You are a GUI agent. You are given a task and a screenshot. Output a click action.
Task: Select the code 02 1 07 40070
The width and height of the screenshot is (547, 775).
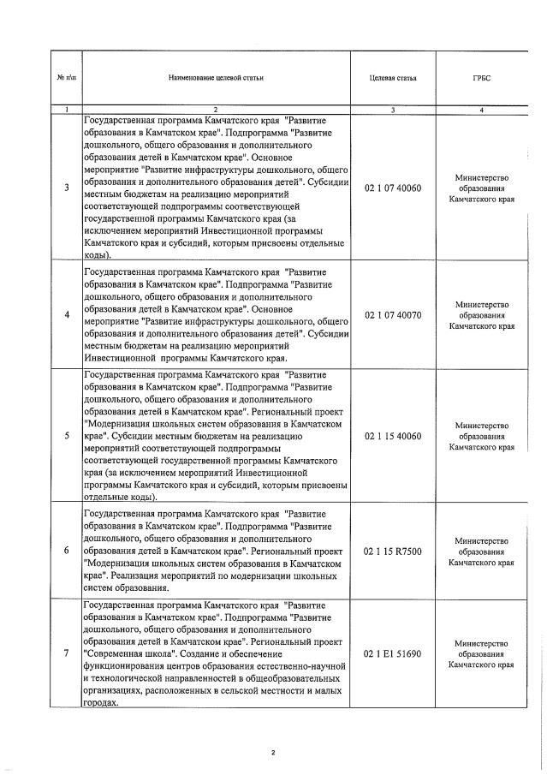click(393, 314)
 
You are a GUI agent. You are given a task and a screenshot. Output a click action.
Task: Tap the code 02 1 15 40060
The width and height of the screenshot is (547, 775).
click(393, 436)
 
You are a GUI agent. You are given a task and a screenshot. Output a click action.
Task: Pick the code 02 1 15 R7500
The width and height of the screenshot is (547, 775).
click(393, 551)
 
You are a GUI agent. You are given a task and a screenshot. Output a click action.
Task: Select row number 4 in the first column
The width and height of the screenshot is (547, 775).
click(67, 314)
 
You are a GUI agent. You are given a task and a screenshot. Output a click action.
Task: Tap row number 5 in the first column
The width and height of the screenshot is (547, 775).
click(67, 436)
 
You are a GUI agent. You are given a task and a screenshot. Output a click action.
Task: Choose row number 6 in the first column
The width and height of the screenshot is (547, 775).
click(67, 551)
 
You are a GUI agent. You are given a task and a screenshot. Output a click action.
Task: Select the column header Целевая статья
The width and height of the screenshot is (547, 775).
click(393, 78)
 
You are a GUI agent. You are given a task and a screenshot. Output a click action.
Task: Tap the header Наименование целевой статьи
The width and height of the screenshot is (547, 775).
click(216, 78)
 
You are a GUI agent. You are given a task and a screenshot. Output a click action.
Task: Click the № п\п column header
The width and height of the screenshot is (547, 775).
click(67, 78)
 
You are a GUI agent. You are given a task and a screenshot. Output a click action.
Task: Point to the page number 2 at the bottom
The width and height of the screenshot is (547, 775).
click(272, 753)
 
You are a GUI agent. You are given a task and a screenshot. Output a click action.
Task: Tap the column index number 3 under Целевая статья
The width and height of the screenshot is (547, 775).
click(393, 110)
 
